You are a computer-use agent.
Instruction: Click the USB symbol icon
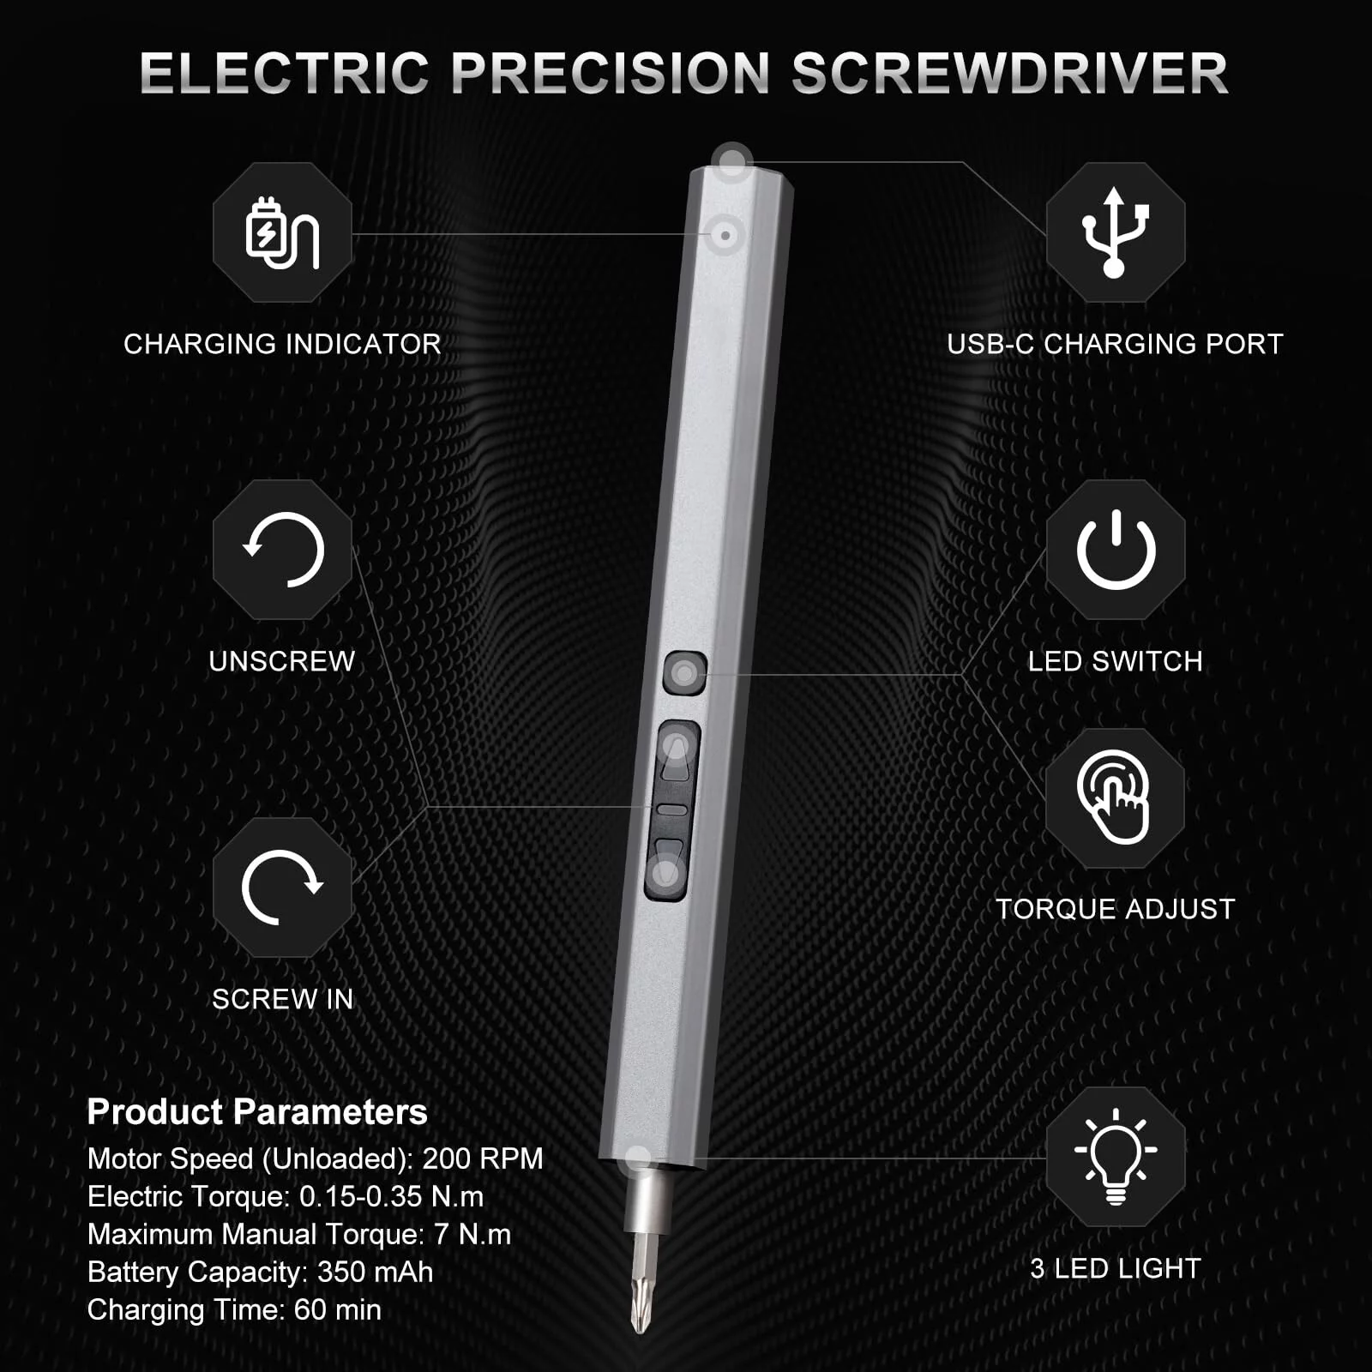point(1115,232)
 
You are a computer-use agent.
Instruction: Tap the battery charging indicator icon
point(282,232)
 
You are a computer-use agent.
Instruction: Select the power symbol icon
point(1116,550)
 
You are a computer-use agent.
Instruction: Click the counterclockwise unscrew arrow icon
point(283,550)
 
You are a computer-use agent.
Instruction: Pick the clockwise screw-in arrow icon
point(282,888)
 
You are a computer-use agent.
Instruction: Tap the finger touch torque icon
point(1115,797)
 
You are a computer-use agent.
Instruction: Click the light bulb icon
point(1116,1156)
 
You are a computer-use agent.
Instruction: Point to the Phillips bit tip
point(639,1303)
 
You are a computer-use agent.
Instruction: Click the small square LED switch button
point(684,673)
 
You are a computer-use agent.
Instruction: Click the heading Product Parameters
point(257,1112)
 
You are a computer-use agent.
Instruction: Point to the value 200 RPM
point(483,1158)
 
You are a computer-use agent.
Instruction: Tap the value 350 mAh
point(375,1272)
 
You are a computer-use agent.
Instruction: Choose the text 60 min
point(337,1309)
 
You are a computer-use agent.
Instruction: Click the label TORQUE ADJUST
point(1115,909)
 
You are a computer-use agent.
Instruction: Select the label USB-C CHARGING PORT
point(1115,344)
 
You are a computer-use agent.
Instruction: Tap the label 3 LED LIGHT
point(1115,1268)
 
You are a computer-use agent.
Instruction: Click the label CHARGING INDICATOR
point(282,344)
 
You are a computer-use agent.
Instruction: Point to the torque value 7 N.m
point(472,1234)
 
